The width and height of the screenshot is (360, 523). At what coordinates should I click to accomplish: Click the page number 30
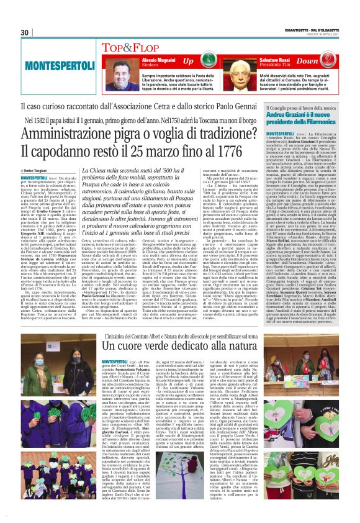[25, 32]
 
